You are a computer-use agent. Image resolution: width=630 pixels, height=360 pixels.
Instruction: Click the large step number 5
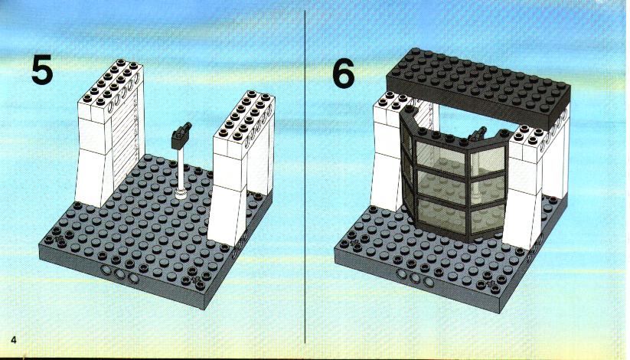(42, 70)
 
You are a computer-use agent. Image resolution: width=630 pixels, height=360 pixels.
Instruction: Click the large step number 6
(344, 73)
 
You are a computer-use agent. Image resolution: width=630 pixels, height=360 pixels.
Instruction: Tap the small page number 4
(14, 340)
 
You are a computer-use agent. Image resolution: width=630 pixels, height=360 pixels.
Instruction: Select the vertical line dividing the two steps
(305, 177)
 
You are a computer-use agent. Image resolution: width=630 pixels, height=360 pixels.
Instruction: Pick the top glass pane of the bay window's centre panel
(441, 158)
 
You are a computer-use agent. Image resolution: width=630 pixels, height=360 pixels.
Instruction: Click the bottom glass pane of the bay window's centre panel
(442, 217)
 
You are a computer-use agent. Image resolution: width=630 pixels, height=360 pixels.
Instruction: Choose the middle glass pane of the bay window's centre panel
(441, 188)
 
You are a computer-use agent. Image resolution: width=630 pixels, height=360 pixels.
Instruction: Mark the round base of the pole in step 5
(181, 194)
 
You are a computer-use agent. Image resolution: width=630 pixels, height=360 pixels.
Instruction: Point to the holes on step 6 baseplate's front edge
(415, 277)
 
